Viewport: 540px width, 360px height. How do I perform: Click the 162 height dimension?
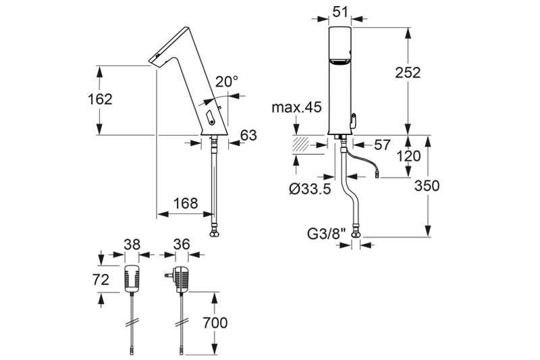coord(99,99)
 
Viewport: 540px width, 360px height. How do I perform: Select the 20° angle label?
coord(227,82)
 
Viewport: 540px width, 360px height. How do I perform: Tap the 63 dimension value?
coord(248,136)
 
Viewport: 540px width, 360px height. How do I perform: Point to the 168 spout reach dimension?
coord(186,203)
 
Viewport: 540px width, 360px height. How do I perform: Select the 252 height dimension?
coord(408,73)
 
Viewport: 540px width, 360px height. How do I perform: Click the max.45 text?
coord(296,107)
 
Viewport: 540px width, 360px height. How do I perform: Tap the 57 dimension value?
coord(382,144)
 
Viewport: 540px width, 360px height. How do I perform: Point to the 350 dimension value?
coord(427,186)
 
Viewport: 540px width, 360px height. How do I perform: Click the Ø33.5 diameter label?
coord(309,190)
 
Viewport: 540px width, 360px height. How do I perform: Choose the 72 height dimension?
coord(101,279)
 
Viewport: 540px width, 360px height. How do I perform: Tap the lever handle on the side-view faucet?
coord(209,119)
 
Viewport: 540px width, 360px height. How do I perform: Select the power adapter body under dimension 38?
coord(132,278)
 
